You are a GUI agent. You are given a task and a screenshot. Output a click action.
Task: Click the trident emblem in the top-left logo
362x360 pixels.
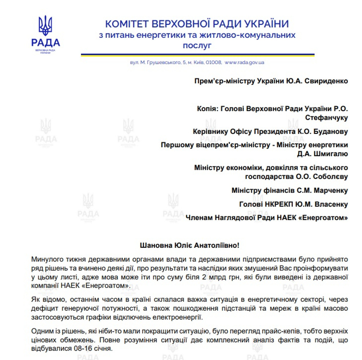pyautogui.click(x=45, y=26)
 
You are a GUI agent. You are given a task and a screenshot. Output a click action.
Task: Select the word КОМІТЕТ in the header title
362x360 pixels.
pyautogui.click(x=127, y=24)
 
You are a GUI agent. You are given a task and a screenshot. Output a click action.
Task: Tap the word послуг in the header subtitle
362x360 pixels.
pyautogui.click(x=197, y=45)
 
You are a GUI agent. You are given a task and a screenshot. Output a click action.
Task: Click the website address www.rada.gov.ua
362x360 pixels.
pyautogui.click(x=244, y=62)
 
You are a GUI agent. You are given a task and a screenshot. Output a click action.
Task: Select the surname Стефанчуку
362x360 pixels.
pyautogui.click(x=326, y=118)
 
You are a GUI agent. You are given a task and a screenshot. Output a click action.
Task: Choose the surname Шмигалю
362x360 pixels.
pyautogui.click(x=331, y=154)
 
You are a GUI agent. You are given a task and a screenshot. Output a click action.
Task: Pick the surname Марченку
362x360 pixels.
pyautogui.click(x=331, y=191)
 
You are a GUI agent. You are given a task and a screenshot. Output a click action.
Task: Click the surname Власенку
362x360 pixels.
pyautogui.click(x=331, y=204)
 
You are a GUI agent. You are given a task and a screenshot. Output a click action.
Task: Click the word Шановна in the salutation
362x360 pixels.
pyautogui.click(x=156, y=246)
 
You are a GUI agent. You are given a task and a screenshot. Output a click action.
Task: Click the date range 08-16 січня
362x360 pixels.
pyautogui.click(x=93, y=349)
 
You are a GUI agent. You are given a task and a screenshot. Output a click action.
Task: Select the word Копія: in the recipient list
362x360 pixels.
pyautogui.click(x=208, y=109)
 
